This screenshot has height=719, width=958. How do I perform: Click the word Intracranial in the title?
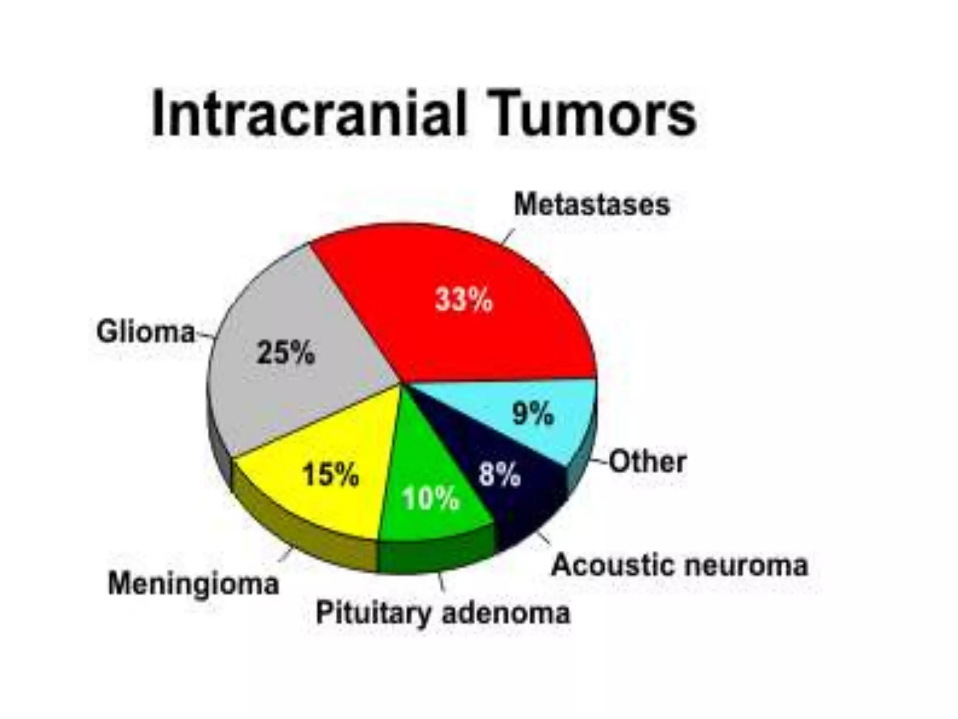click(x=309, y=114)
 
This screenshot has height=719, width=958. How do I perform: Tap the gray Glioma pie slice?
click(x=299, y=398)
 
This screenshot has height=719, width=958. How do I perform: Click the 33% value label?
click(x=464, y=299)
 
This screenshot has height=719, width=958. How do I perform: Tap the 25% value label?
click(x=286, y=352)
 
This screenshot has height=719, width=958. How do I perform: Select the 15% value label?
click(x=331, y=474)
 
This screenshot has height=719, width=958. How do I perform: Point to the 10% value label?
click(x=431, y=498)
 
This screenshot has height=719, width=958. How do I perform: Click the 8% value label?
click(x=499, y=474)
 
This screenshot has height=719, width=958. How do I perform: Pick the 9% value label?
click(x=533, y=414)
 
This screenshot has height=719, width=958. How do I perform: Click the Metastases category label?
click(x=592, y=205)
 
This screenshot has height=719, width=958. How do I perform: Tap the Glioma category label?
click(x=145, y=332)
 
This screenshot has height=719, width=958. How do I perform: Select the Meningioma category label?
click(x=194, y=584)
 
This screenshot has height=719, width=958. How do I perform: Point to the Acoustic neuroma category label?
click(x=680, y=565)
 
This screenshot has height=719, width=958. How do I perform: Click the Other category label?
click(x=648, y=462)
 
